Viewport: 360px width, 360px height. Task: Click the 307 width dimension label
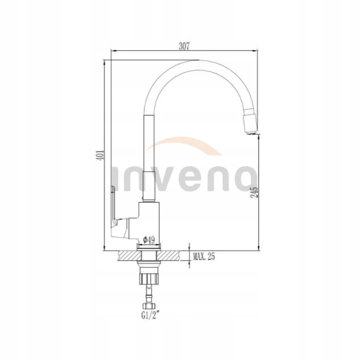point(184,46)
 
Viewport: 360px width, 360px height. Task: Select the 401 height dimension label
point(101,155)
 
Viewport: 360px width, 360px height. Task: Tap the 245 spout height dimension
point(254,192)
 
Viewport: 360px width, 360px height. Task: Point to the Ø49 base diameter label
point(149,240)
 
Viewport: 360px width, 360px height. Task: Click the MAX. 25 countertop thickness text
point(204,256)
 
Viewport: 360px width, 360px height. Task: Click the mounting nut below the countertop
point(149,279)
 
